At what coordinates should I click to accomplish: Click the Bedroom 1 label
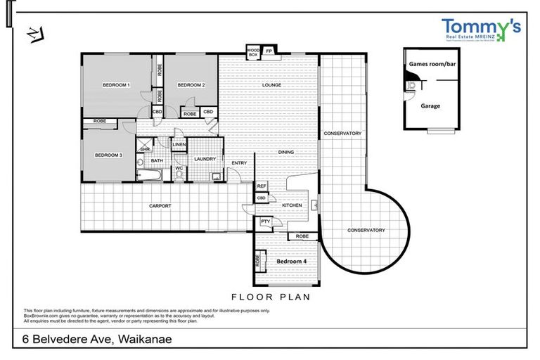[x=117, y=85]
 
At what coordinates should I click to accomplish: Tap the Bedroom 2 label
[x=191, y=85]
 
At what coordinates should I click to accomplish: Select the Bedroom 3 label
[x=109, y=155]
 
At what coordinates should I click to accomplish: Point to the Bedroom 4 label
[x=291, y=261]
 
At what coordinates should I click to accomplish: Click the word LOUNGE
[x=272, y=85]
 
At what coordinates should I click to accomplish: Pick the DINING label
[x=285, y=153]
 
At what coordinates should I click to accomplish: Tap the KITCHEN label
[x=292, y=205]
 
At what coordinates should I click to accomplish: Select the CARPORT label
[x=160, y=206]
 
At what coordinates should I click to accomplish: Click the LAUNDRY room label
[x=205, y=159]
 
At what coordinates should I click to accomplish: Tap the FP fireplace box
[x=269, y=51]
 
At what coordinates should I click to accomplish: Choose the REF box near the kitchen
[x=261, y=186]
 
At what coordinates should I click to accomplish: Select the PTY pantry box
[x=265, y=222]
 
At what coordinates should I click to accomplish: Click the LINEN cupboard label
[x=179, y=145]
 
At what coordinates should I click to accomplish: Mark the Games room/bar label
[x=430, y=64]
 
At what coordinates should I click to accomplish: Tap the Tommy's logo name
[x=481, y=27]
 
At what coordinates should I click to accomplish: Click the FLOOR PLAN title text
[x=271, y=297]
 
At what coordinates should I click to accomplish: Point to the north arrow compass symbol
[x=35, y=33]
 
